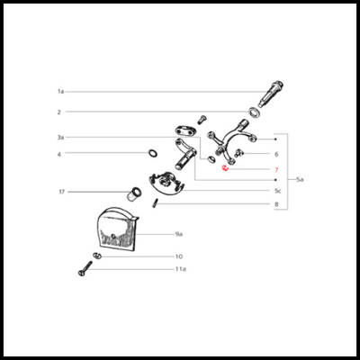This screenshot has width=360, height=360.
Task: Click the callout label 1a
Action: coord(61,91)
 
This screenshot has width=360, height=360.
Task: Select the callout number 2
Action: coord(59,112)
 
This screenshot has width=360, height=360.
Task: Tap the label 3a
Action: coord(61,138)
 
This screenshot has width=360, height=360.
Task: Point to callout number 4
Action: coord(59,154)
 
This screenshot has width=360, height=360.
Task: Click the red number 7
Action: coord(276,170)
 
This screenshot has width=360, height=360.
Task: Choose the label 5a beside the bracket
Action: coord(300,180)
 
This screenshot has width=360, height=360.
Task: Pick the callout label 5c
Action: coord(278,191)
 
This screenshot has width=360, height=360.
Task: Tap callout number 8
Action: coord(276,204)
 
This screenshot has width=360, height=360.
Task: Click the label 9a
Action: coord(179,234)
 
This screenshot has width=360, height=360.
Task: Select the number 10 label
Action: coord(179,256)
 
